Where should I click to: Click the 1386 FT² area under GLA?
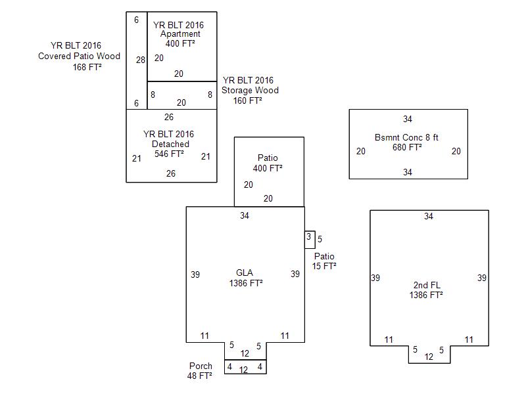246,284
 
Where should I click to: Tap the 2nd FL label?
426,285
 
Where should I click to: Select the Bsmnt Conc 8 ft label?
406,137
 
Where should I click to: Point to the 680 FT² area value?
407,147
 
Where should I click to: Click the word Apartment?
181,34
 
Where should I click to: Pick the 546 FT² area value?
169,154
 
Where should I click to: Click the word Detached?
170,144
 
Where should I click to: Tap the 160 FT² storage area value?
248,100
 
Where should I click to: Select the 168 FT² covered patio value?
87,66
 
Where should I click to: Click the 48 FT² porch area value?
199,376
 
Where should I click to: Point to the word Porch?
201,366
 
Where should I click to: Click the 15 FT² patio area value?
324,266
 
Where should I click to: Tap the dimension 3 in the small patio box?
308,237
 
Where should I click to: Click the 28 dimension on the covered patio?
140,60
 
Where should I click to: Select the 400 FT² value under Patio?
268,168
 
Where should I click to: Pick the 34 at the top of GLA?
245,215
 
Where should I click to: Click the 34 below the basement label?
408,173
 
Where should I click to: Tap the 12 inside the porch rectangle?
243,370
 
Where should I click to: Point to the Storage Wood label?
250,91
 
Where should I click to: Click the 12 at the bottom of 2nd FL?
429,357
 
